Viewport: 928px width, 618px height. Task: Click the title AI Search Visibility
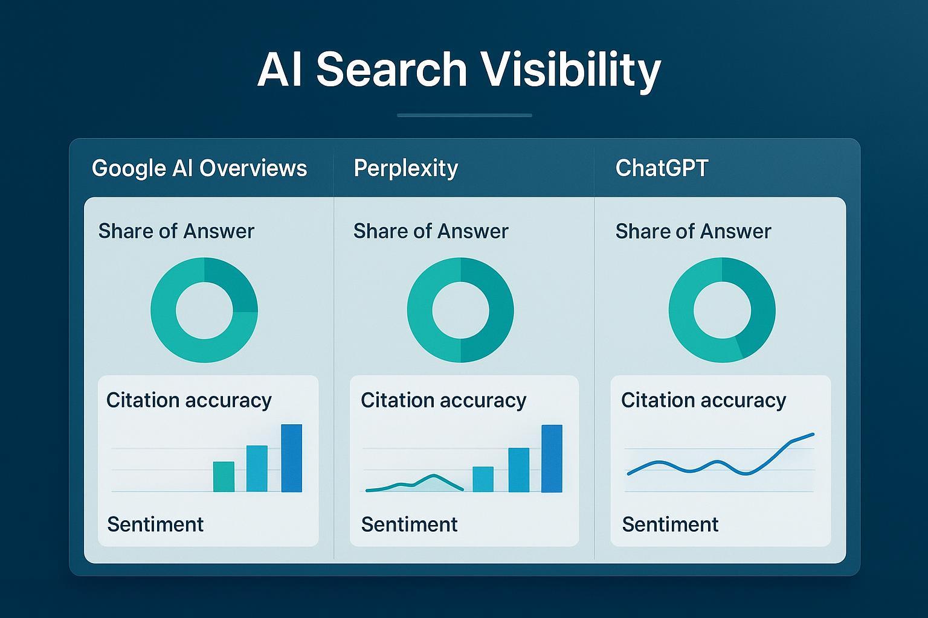pyautogui.click(x=459, y=71)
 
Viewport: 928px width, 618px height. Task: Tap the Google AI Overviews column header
pyautogui.click(x=199, y=168)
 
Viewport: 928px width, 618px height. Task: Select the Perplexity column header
pyautogui.click(x=405, y=168)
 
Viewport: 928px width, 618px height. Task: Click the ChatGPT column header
pyautogui.click(x=662, y=168)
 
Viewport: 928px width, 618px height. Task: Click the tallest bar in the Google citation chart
pyautogui.click(x=292, y=458)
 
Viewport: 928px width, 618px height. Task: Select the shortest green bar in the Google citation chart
pyautogui.click(x=224, y=476)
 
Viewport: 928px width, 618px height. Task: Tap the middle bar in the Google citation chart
pyautogui.click(x=257, y=468)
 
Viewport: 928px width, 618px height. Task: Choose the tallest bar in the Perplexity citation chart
pyautogui.click(x=552, y=458)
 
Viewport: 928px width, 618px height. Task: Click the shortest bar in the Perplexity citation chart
pyautogui.click(x=483, y=479)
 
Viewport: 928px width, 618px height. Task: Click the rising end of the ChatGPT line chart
pyautogui.click(x=813, y=434)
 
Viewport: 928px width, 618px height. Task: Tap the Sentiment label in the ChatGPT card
pyautogui.click(x=670, y=524)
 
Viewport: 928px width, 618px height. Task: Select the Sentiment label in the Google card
pyautogui.click(x=155, y=524)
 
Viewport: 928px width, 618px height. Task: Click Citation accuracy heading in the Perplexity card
pyautogui.click(x=443, y=401)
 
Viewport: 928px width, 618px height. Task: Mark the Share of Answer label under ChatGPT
pyautogui.click(x=693, y=231)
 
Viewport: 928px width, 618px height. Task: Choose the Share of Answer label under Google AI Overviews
pyautogui.click(x=176, y=231)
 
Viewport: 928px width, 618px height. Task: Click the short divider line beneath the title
pyautogui.click(x=465, y=115)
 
